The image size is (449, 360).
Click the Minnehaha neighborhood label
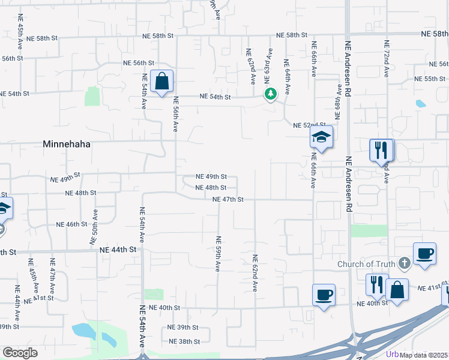[66, 144]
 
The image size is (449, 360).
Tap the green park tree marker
[271, 94]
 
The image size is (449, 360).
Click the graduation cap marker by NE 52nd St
[321, 137]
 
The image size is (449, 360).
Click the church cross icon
[405, 262]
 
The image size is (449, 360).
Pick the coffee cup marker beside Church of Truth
[424, 253]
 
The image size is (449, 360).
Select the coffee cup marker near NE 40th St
[324, 295]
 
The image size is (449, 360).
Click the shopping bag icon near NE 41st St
[397, 290]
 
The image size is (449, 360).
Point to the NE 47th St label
[228, 199]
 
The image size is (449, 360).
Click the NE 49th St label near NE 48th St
[212, 177]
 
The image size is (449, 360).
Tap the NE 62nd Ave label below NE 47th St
[255, 273]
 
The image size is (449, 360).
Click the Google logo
[20, 353]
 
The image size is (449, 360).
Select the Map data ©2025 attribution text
[424, 355]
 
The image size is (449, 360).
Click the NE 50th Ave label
[94, 226]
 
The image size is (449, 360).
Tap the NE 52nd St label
[309, 125]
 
